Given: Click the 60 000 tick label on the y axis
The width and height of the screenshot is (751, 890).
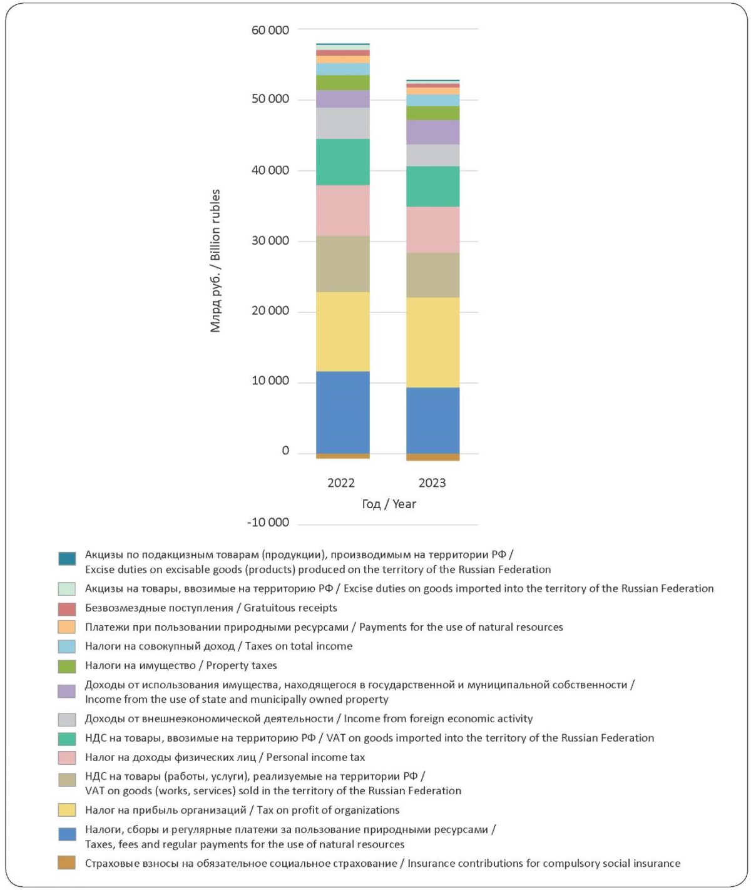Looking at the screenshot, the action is tap(270, 30).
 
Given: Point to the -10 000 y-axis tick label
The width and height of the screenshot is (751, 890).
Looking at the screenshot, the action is tap(268, 523).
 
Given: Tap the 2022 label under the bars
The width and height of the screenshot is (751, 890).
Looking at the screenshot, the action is tap(341, 483).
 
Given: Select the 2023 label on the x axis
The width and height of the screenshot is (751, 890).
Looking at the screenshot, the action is tap(432, 483).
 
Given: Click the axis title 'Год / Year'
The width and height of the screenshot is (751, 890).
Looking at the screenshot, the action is tap(389, 504).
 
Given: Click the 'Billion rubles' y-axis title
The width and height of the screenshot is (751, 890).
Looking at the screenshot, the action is tap(216, 225).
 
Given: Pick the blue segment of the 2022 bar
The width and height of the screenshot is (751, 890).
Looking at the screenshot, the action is tap(343, 412).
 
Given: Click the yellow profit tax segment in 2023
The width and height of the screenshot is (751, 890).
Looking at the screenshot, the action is tap(432, 342).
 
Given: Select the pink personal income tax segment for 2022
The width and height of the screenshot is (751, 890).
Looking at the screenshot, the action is tap(343, 210).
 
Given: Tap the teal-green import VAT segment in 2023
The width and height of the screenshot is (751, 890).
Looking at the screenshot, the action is tap(432, 187).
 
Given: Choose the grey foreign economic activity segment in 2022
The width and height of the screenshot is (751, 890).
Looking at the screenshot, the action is tap(343, 123).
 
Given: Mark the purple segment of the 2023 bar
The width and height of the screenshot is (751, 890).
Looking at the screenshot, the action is tap(432, 132).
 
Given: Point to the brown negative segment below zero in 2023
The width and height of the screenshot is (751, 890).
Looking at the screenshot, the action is tap(432, 457).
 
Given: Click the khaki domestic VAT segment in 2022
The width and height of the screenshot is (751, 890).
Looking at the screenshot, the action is tap(343, 264).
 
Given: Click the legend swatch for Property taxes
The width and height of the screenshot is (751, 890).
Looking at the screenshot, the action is tap(67, 666).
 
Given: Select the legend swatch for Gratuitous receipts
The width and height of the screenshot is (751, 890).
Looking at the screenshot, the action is tap(67, 608).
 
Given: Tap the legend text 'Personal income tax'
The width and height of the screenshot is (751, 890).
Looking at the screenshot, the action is tap(315, 757).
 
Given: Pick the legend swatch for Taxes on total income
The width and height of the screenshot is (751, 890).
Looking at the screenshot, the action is tap(67, 647).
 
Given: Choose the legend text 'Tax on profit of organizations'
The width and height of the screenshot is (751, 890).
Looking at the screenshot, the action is tap(328, 809).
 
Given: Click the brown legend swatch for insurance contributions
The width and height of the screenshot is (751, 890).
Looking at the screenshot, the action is tap(67, 862).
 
